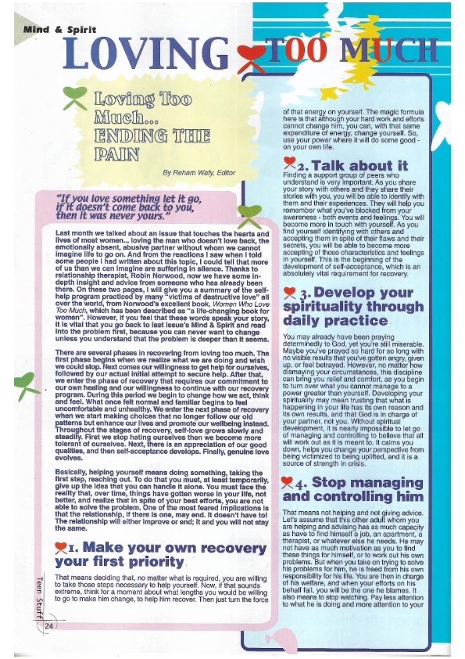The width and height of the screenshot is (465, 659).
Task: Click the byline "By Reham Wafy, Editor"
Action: [200, 171]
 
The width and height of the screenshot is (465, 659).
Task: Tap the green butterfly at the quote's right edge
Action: [249, 215]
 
